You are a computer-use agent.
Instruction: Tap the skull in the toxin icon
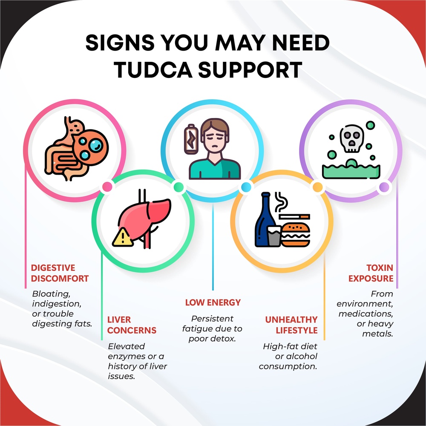click(351, 138)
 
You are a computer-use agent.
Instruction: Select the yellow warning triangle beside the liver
click(123, 237)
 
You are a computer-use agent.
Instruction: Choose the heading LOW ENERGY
click(213, 302)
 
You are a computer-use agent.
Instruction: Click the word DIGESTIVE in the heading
click(53, 268)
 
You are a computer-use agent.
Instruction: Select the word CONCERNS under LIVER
click(132, 331)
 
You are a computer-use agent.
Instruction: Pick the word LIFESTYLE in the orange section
click(296, 331)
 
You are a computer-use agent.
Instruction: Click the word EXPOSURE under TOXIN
click(371, 279)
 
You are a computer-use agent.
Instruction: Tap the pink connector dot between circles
click(107, 187)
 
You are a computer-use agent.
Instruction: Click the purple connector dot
click(384, 187)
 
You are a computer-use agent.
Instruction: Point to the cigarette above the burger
click(294, 216)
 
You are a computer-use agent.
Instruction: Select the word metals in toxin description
click(377, 334)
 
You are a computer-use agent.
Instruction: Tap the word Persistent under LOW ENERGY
click(212, 319)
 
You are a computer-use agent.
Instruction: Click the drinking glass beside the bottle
click(274, 236)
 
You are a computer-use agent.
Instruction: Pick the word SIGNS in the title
click(120, 43)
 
